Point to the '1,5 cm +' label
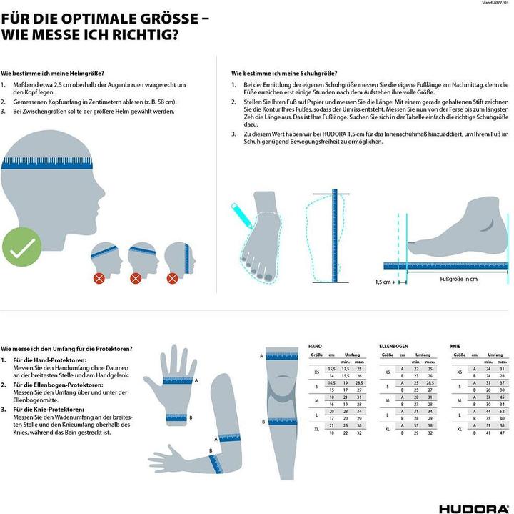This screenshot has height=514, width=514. pyautogui.click(x=390, y=282)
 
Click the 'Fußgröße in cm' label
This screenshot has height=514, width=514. pyautogui.click(x=458, y=279)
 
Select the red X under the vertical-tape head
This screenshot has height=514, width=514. pyautogui.click(x=175, y=277)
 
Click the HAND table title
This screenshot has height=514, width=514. pyautogui.click(x=314, y=346)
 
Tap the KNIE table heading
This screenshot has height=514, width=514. pyautogui.click(x=455, y=346)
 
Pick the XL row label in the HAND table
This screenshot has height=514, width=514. pyautogui.click(x=317, y=429)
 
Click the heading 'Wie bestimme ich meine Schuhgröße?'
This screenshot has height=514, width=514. pyautogui.click(x=284, y=74)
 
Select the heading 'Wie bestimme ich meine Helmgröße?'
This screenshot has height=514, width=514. pyautogui.click(x=53, y=74)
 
